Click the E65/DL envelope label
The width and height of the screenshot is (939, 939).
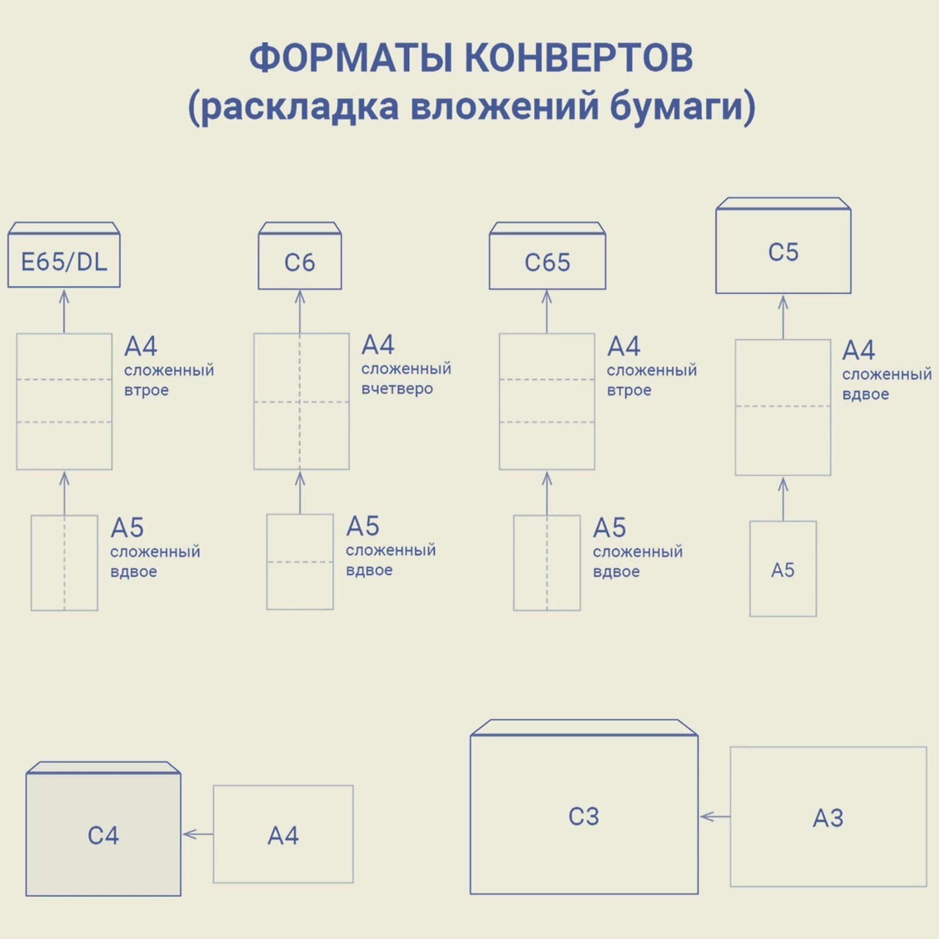pyautogui.click(x=64, y=262)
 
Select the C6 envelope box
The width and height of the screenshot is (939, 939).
pyautogui.click(x=300, y=262)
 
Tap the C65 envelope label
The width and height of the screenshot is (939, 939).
pyautogui.click(x=547, y=262)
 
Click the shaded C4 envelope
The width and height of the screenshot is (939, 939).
pyautogui.click(x=103, y=835)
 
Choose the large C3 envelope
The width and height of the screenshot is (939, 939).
pyautogui.click(x=584, y=816)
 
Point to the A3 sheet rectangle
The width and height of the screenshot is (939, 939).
pyautogui.click(x=828, y=817)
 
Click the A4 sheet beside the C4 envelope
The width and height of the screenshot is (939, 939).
pyautogui.click(x=283, y=835)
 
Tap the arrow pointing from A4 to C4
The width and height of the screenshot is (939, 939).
pyautogui.click(x=197, y=834)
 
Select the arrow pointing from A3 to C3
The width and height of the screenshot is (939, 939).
pyautogui.click(x=715, y=816)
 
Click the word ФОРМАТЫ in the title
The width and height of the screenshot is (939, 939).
pyautogui.click(x=351, y=58)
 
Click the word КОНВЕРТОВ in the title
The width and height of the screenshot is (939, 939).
pyautogui.click(x=579, y=58)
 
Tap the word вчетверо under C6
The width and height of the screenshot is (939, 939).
pyautogui.click(x=397, y=389)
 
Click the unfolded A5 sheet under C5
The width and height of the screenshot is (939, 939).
pyautogui.click(x=783, y=569)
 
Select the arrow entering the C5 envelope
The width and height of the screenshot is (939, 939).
pyautogui.click(x=783, y=317)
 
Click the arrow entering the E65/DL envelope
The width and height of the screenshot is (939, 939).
pyautogui.click(x=64, y=311)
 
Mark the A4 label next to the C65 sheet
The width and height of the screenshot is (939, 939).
pyautogui.click(x=623, y=346)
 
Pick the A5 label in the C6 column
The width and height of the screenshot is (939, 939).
pyautogui.click(x=363, y=526)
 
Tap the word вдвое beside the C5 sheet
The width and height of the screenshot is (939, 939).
pyautogui.click(x=865, y=394)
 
